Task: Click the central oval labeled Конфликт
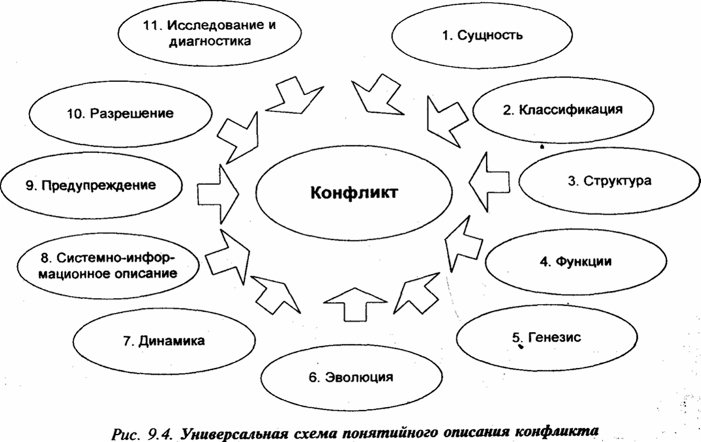352,194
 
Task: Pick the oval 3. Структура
608,182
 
